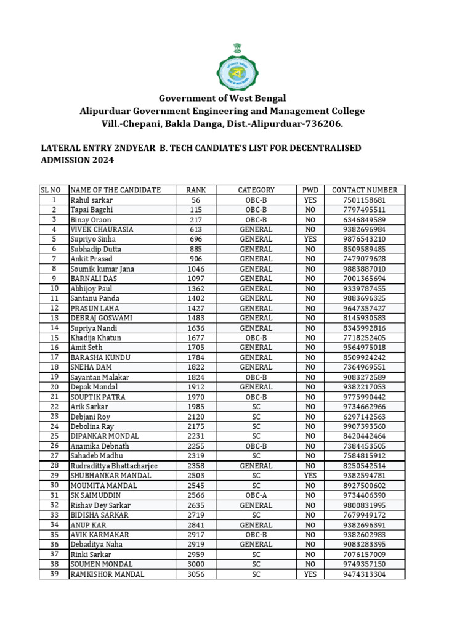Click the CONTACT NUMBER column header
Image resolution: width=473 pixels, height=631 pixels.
click(x=364, y=190)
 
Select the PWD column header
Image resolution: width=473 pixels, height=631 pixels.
click(x=310, y=190)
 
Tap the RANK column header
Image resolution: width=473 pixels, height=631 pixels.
click(x=196, y=190)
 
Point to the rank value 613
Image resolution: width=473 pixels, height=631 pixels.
click(x=196, y=229)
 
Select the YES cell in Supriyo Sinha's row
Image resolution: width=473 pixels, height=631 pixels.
click(x=310, y=239)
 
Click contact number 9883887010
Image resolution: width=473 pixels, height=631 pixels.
click(x=364, y=269)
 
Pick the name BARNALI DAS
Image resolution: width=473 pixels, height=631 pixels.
click(x=94, y=279)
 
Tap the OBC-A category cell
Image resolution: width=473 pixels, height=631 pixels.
click(x=256, y=495)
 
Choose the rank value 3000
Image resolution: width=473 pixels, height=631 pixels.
click(x=196, y=564)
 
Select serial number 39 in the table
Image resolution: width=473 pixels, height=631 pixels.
click(x=54, y=574)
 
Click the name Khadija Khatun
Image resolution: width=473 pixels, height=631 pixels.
click(x=95, y=338)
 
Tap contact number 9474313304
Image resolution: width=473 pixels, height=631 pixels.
click(x=364, y=574)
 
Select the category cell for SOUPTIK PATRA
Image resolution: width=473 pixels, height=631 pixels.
click(x=256, y=397)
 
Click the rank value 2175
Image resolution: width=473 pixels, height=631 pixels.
click(x=196, y=426)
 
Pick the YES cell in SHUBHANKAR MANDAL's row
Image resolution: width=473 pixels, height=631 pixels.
click(x=310, y=476)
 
